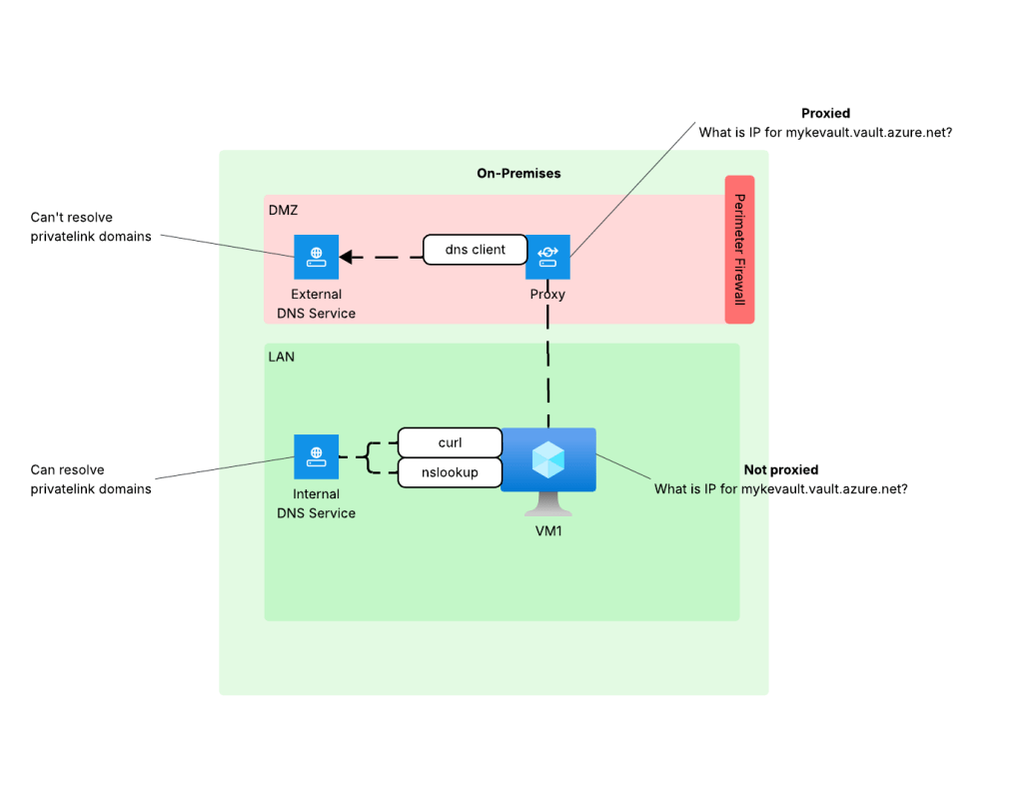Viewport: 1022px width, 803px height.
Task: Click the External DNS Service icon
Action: coord(316,257)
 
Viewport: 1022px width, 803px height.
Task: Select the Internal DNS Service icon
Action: coord(316,456)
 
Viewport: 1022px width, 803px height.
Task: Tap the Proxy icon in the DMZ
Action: coord(547,257)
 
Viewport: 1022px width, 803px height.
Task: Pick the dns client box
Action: coord(475,250)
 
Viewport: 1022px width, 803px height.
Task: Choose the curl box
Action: coord(450,442)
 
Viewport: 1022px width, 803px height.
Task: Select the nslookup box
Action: coord(450,472)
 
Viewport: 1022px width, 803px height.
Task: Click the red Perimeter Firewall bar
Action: coord(739,250)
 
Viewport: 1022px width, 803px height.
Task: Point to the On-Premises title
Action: coord(518,173)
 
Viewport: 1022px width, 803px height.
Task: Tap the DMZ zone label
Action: coord(284,211)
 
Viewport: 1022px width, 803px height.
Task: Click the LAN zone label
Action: coord(282,357)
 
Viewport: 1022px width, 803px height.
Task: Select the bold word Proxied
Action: coord(825,114)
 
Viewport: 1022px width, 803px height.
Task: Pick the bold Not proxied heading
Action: coord(780,469)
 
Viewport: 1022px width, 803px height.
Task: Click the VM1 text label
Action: coord(548,531)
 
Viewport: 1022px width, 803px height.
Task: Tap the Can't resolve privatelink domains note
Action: coord(91,227)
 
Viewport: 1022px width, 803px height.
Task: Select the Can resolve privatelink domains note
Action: coord(91,479)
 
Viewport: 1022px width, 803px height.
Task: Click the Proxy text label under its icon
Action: coord(547,295)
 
